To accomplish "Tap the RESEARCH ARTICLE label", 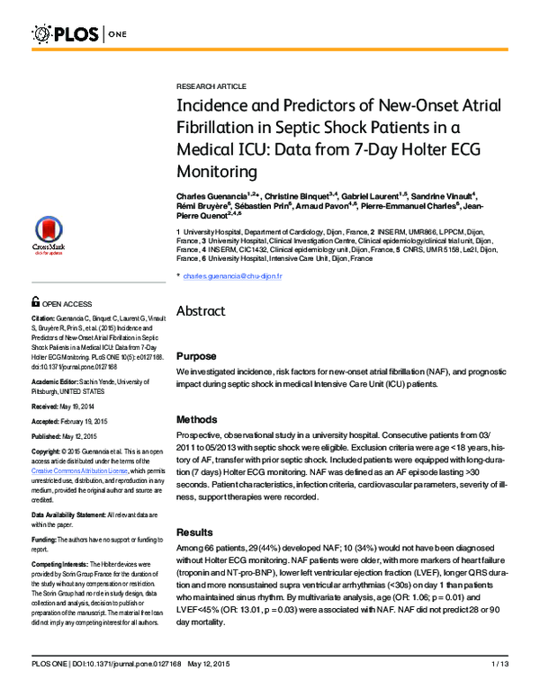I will coord(211,86).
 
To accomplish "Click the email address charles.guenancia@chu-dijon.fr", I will coord(232,276).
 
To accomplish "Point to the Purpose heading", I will coord(196,356).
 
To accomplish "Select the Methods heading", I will coord(197,419).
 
